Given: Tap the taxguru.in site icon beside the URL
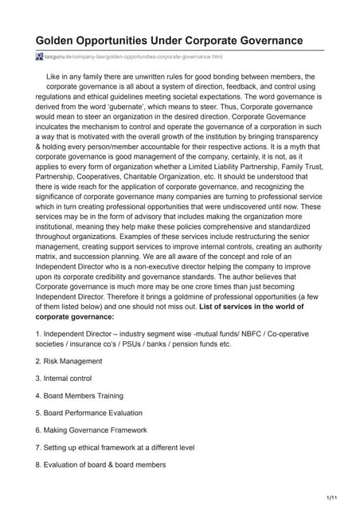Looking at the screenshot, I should coord(39,57).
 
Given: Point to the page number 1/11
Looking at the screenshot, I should coord(331,497).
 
